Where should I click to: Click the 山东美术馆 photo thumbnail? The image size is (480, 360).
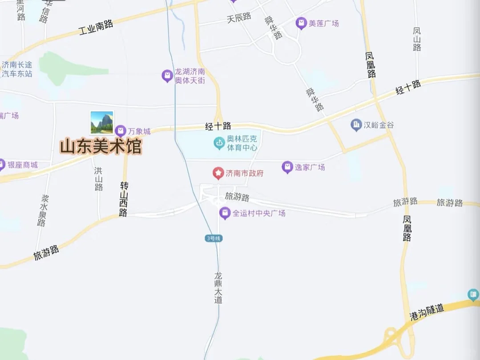[x=102, y=123]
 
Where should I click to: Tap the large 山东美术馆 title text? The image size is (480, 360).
[x=101, y=147]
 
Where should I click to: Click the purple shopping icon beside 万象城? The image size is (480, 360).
[x=120, y=131]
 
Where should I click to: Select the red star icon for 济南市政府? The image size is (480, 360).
[x=218, y=173]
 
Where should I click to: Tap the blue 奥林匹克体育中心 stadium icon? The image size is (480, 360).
[x=219, y=143]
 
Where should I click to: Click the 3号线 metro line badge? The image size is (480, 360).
[x=214, y=239]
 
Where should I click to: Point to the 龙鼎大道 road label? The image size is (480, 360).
[x=218, y=288]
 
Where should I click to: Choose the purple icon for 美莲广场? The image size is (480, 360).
[x=301, y=23]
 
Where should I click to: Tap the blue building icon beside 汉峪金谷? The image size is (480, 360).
[x=356, y=125]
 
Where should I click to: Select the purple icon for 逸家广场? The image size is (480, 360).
[x=287, y=167]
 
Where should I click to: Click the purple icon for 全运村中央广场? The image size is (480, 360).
[x=225, y=213]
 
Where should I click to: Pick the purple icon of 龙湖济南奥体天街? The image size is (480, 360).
[x=167, y=76]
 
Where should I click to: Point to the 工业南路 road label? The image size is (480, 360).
[x=96, y=28]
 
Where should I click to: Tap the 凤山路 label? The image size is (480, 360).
[x=417, y=39]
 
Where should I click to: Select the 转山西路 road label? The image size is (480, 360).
[x=124, y=199]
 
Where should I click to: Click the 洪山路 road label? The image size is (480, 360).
[x=99, y=179]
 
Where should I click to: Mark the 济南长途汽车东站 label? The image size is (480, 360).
[x=17, y=69]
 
